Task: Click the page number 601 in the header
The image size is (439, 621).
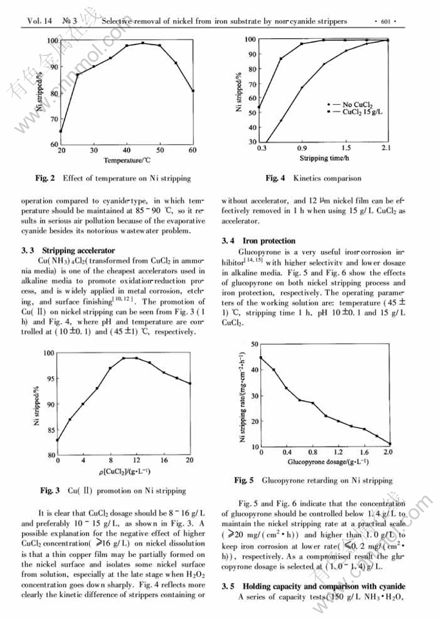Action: [x=387, y=21]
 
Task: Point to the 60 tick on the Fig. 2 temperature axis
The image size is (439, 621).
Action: [x=193, y=150]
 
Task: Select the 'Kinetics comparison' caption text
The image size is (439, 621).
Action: [x=327, y=178]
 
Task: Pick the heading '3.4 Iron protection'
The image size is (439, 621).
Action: [x=259, y=241]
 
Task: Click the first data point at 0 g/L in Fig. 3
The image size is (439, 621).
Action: [x=57, y=441]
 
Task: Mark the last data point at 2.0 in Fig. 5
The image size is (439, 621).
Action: [x=389, y=443]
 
